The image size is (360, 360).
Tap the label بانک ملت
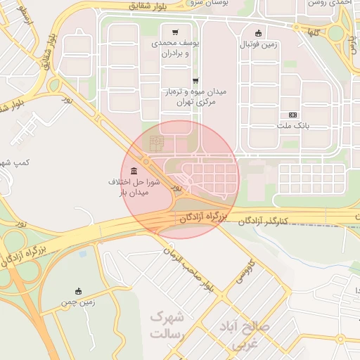(x=292, y=127)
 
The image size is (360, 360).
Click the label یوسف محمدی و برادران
(x=175, y=48)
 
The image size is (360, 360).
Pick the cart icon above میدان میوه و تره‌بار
(x=195, y=80)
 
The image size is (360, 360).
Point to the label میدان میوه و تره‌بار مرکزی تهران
(x=195, y=97)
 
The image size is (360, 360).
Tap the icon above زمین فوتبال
(x=258, y=32)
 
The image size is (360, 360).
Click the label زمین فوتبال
(x=259, y=44)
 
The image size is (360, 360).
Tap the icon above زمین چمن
(x=78, y=290)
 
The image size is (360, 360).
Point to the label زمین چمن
(x=77, y=302)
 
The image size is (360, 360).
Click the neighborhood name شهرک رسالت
(x=167, y=326)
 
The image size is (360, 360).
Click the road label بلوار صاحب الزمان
(x=188, y=268)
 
